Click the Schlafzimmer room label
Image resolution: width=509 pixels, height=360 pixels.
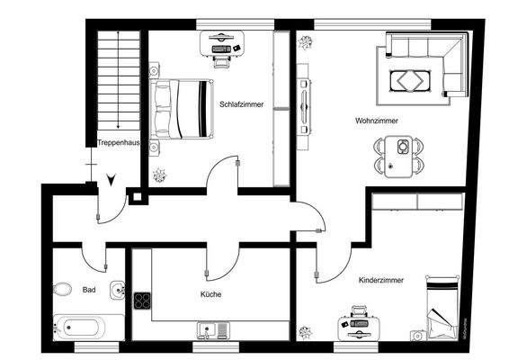(x=241, y=104)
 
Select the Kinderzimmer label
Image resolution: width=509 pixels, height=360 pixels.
(x=380, y=280)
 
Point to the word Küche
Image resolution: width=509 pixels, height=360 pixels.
(x=210, y=293)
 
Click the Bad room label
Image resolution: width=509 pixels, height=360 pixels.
(x=88, y=291)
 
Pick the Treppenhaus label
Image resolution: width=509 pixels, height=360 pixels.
(x=118, y=143)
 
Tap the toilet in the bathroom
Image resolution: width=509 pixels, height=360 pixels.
(x=62, y=290)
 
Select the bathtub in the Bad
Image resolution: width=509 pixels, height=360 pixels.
(x=88, y=327)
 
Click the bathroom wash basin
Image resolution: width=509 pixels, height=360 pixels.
(x=118, y=290)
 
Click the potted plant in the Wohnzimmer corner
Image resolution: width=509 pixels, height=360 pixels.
(x=307, y=42)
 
